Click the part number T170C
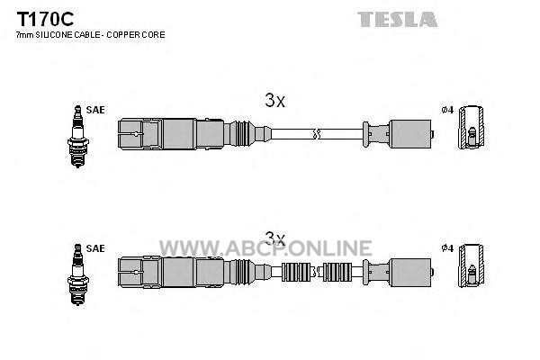(x=45, y=19)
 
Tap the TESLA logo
(x=398, y=19)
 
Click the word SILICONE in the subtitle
(x=51, y=35)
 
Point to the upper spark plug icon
(x=77, y=137)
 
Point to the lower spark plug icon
(x=77, y=274)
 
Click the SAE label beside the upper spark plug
(x=95, y=110)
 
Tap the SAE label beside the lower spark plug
(x=95, y=248)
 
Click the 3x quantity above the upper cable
(x=275, y=101)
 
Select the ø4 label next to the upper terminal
(x=447, y=110)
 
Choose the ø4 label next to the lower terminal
(x=447, y=248)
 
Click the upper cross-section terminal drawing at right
(x=471, y=128)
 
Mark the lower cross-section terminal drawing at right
(x=471, y=265)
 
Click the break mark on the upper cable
(x=317, y=134)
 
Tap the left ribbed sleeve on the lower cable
(x=296, y=272)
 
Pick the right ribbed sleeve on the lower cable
(x=337, y=272)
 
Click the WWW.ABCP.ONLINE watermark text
(x=265, y=248)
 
